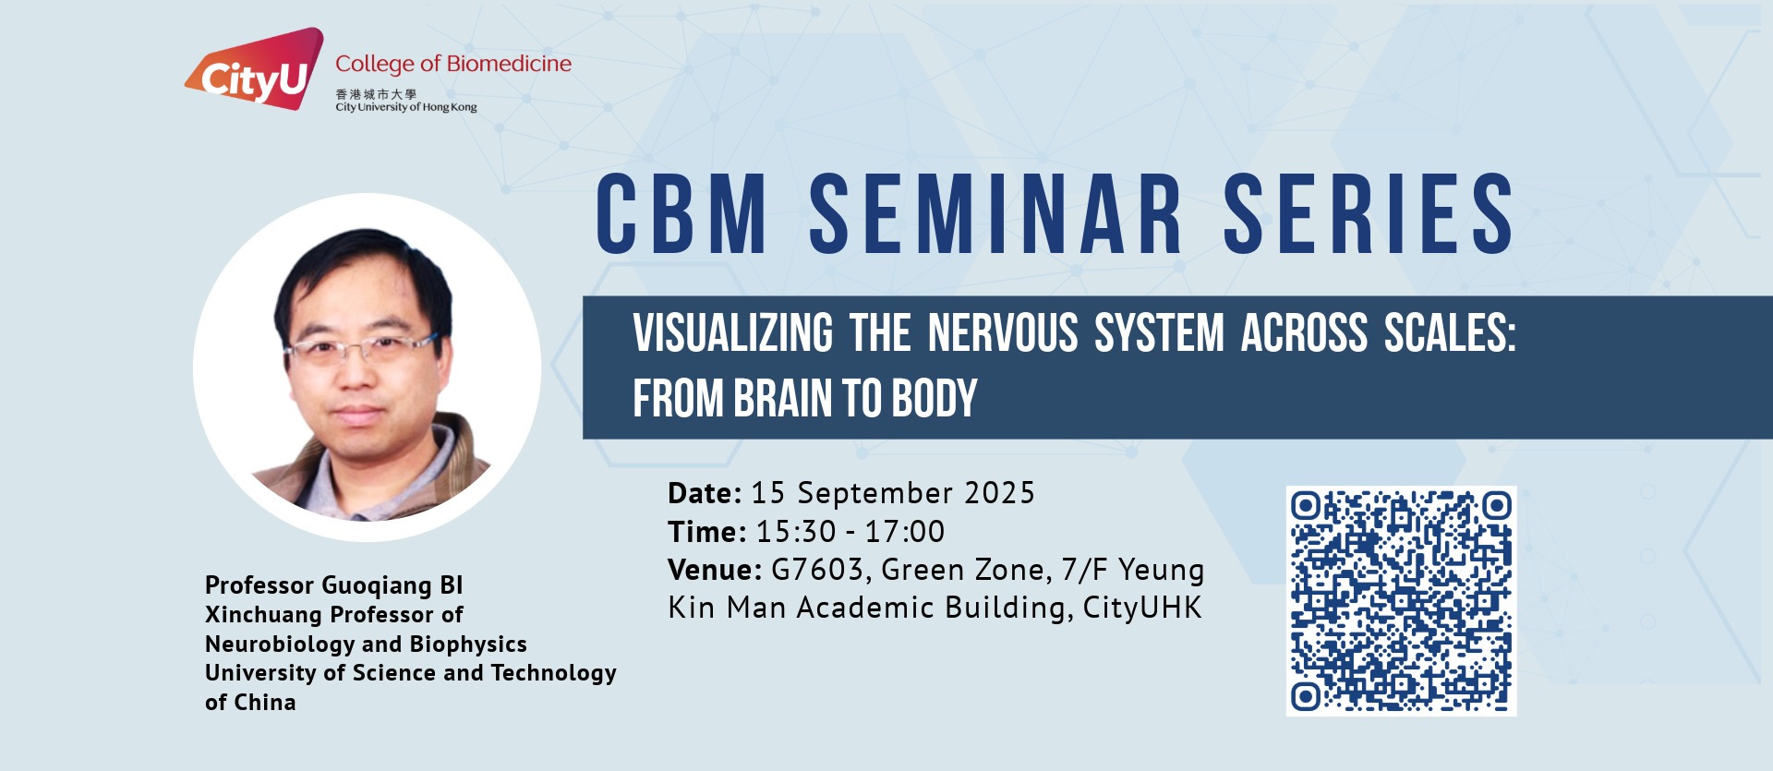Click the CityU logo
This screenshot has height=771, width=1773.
pyautogui.click(x=255, y=70)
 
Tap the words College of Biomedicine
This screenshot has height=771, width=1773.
pyautogui.click(x=453, y=64)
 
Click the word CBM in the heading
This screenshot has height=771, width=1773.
pyautogui.click(x=681, y=213)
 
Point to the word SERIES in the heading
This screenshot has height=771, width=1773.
pyautogui.click(x=1369, y=213)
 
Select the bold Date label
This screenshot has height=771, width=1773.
pyautogui.click(x=705, y=493)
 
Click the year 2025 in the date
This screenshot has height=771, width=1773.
pyautogui.click(x=999, y=493)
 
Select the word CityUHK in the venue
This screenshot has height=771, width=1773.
pyautogui.click(x=1142, y=608)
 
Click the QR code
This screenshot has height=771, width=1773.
pyautogui.click(x=1401, y=601)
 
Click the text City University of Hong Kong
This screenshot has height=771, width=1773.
pyautogui.click(x=406, y=107)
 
